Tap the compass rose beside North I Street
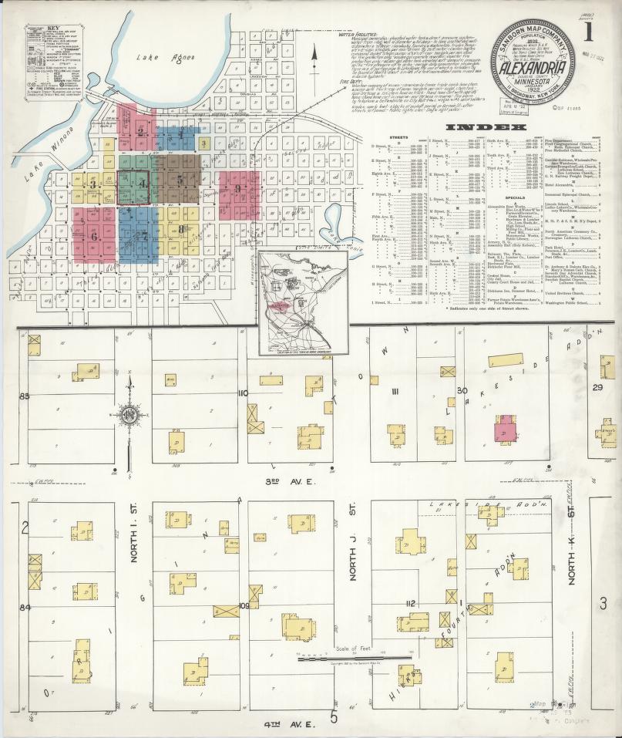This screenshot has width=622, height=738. coord(129,414)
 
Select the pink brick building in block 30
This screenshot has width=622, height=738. coord(505,429)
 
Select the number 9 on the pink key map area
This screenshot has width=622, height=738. coord(238,188)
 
